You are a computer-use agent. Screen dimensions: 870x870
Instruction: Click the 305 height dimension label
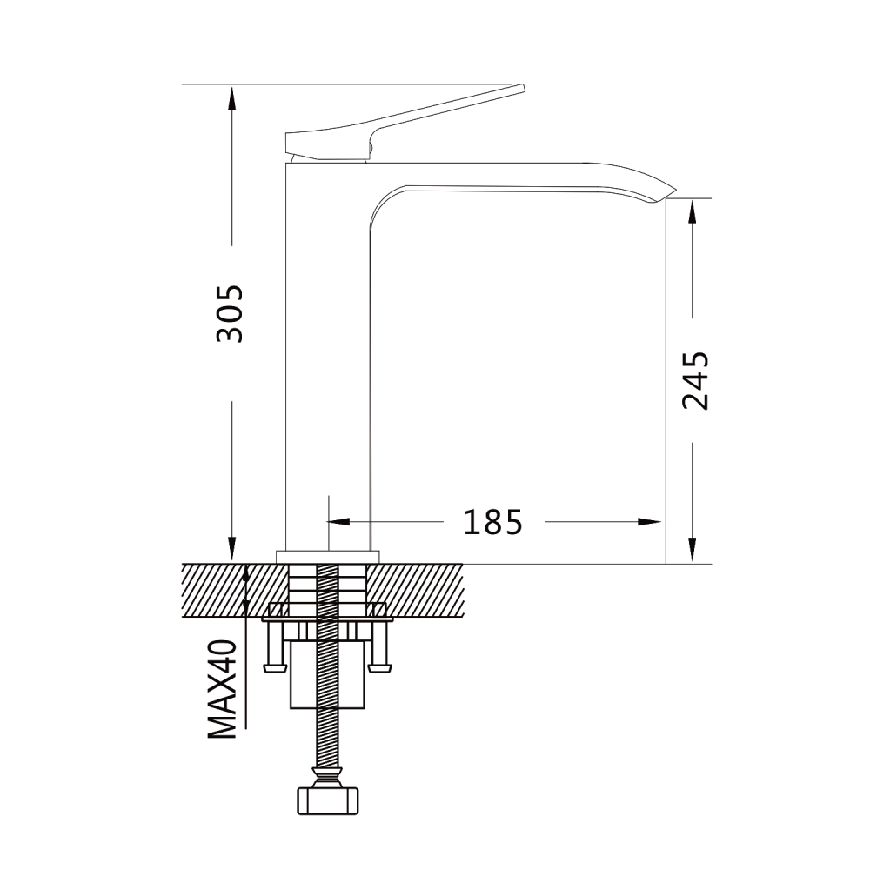tap(230, 313)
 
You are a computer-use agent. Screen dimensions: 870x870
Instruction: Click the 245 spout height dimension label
tap(696, 381)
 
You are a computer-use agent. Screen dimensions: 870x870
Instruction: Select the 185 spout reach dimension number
tap(493, 522)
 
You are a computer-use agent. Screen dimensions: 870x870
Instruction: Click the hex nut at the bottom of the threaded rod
tap(328, 800)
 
